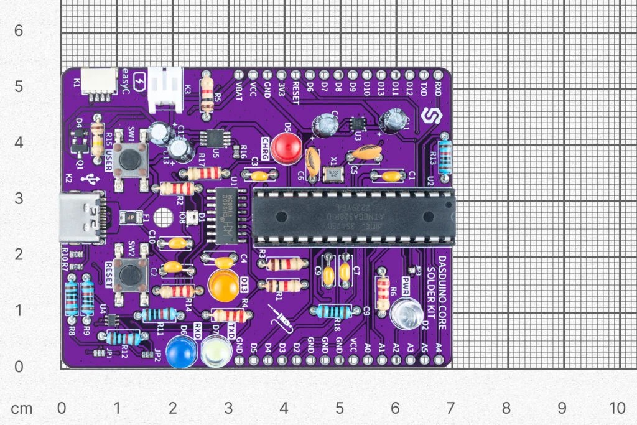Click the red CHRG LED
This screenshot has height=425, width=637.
(x=287, y=148)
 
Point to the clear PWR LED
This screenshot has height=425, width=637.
(x=406, y=312)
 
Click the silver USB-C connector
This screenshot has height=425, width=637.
(x=79, y=216)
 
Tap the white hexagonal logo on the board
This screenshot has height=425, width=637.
(x=429, y=116)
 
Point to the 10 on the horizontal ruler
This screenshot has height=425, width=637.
(x=616, y=408)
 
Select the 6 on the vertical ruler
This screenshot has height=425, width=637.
(x=19, y=30)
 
